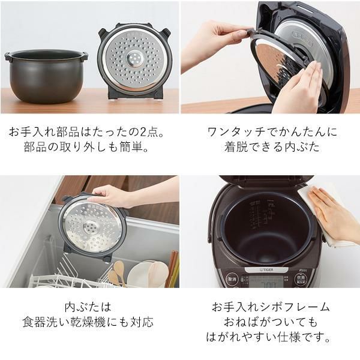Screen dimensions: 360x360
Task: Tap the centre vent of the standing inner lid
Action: click(134, 59)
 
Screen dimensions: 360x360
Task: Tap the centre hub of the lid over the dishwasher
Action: click(92, 227)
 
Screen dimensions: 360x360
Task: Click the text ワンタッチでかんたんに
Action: click(269, 131)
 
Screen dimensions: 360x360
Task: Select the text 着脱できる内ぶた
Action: click(269, 148)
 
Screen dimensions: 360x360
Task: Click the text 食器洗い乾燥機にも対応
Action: click(89, 322)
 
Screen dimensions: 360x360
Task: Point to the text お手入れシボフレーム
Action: click(270, 307)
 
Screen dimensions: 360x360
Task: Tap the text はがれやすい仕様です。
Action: click(270, 338)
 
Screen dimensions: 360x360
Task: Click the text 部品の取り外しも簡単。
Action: click(89, 148)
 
